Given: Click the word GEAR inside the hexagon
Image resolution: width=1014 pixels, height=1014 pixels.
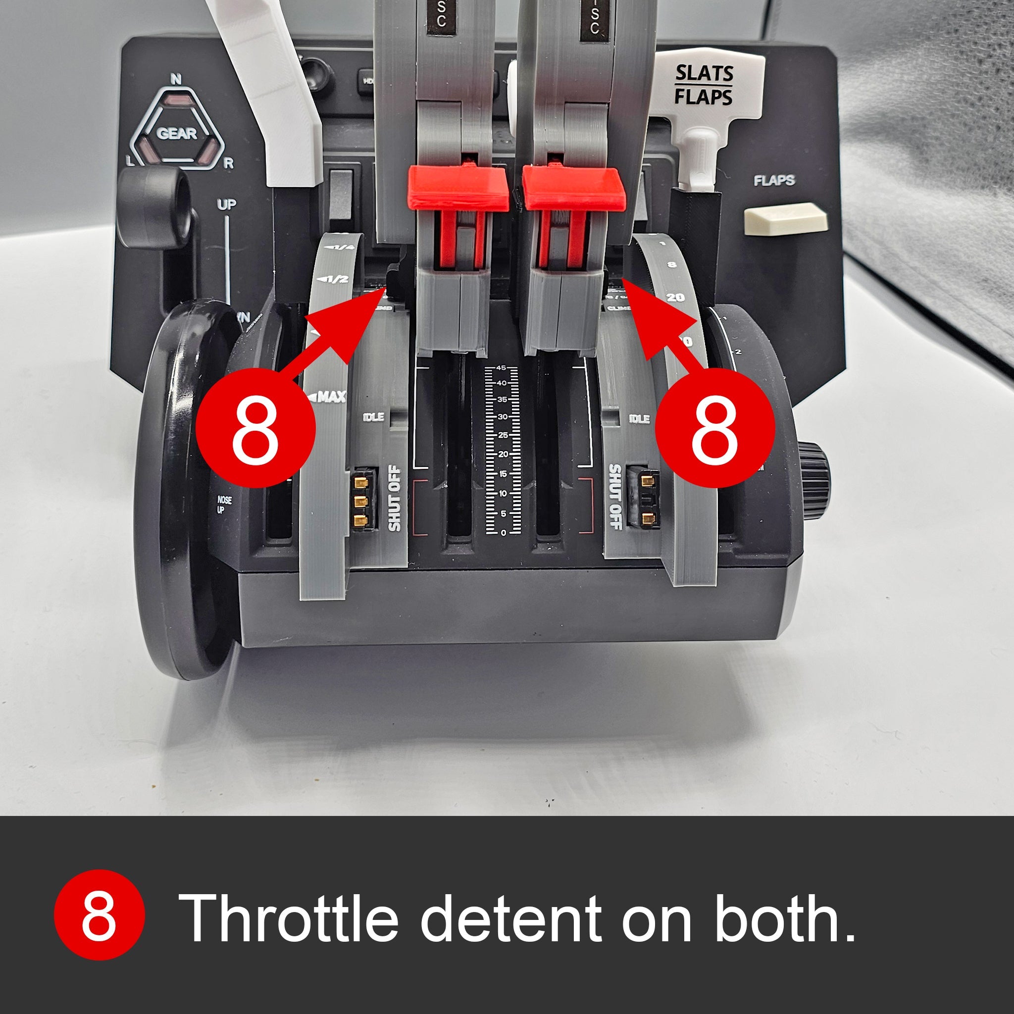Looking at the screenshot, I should tap(176, 133).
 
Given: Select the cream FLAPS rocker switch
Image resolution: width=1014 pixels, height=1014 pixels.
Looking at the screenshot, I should tap(785, 219).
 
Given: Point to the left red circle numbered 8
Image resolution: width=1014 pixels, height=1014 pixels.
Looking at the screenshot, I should tap(255, 426).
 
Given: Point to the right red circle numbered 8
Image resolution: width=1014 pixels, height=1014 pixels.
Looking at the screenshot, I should tap(715, 426).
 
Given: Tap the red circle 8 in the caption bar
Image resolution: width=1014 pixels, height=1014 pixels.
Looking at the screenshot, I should tap(99, 914).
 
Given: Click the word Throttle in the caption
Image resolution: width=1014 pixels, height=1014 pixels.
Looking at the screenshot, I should tap(289, 917).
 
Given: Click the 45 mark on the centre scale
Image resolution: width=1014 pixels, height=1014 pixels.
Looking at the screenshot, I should tap(501, 367).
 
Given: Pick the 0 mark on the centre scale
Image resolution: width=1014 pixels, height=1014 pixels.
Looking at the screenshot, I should tap(503, 533).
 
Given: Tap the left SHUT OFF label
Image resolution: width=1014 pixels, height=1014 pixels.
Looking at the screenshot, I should tap(394, 498).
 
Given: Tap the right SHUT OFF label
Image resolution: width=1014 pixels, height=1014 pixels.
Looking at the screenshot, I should tap(614, 497).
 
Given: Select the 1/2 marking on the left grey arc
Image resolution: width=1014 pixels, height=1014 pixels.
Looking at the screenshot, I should tap(335, 279).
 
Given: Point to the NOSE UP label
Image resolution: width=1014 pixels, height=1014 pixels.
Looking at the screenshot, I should tap(224, 505).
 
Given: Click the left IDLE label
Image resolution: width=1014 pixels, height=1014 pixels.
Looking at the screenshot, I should tap(373, 417).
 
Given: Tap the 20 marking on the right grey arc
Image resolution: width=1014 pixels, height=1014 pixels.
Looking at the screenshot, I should tap(675, 298).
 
